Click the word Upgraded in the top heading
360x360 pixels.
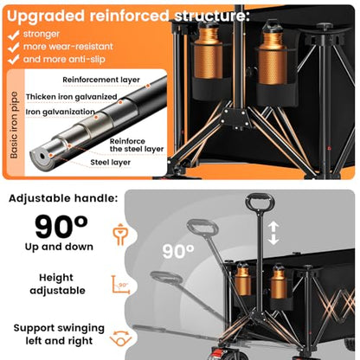point(46,16)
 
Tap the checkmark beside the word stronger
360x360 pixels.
point(14,35)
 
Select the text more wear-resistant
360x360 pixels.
point(68,47)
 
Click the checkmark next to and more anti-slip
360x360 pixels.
point(14,60)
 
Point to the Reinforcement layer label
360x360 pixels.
point(101,80)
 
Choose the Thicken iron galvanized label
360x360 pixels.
point(72,97)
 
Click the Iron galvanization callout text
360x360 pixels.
point(61,112)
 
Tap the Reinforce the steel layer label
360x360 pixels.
point(137,145)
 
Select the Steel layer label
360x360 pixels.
point(110,163)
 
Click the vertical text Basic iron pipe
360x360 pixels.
point(14,125)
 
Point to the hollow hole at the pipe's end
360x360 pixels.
point(42,156)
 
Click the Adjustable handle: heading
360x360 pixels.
point(63,198)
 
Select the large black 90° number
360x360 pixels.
point(61,227)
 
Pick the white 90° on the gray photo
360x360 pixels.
point(178,251)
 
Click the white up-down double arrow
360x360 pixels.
point(273,233)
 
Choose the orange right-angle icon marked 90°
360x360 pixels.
point(120,285)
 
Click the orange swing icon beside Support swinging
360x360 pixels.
point(120,338)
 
